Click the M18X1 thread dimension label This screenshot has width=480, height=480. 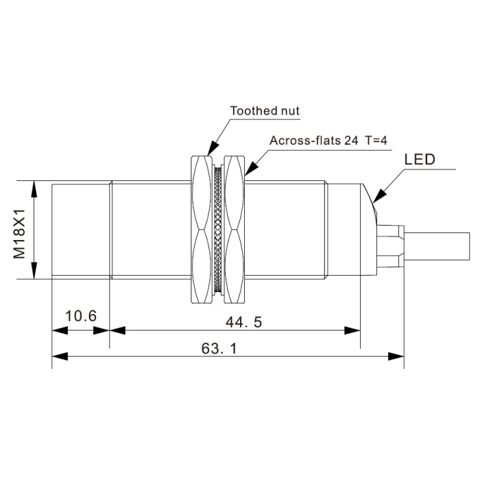[x=19, y=234]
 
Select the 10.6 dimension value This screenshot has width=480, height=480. [x=81, y=316]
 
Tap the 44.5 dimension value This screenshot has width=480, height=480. [x=244, y=322]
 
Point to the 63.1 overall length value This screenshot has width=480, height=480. [x=219, y=348]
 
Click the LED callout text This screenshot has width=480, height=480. [x=420, y=160]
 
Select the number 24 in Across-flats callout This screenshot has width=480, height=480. [x=351, y=141]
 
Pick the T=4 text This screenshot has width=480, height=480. [x=376, y=141]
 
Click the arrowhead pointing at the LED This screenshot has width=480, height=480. [x=379, y=196]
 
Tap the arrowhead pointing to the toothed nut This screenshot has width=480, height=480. [x=213, y=148]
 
